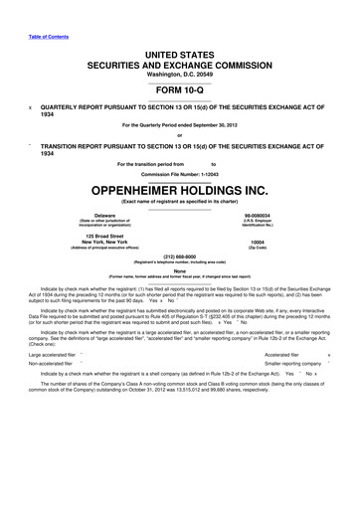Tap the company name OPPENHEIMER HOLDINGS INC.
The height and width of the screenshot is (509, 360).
pos(180,188)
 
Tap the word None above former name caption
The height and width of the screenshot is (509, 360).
pos(180,269)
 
